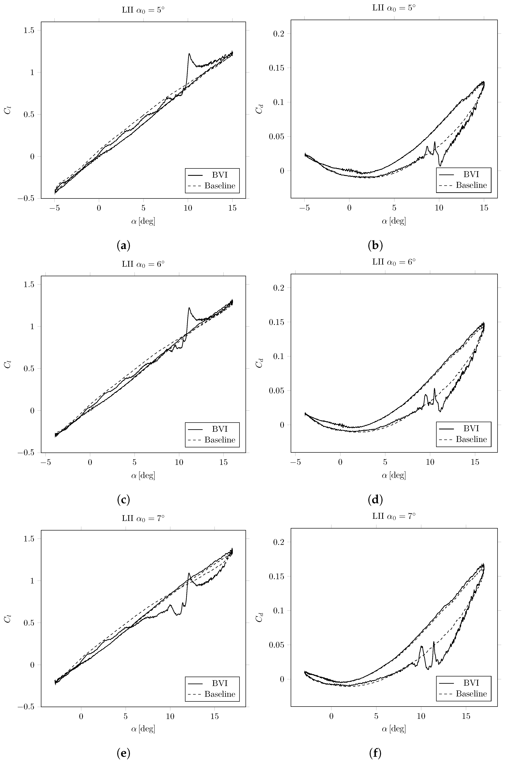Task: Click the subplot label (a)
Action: [x=123, y=246]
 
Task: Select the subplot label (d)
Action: [x=375, y=500]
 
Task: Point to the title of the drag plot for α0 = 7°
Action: [x=394, y=516]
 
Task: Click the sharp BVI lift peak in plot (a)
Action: [x=189, y=54]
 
